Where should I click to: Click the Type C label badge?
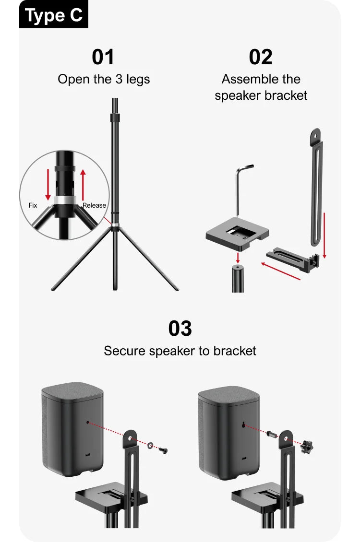pyautogui.click(x=54, y=14)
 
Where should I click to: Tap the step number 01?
pyautogui.click(x=103, y=57)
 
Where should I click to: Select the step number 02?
pyautogui.click(x=261, y=57)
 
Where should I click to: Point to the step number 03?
pyautogui.click(x=180, y=329)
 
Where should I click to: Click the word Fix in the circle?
pyautogui.click(x=33, y=205)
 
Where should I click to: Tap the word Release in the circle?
pyautogui.click(x=94, y=205)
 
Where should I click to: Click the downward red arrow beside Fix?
pyautogui.click(x=48, y=185)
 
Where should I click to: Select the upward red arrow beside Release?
pyautogui.click(x=83, y=185)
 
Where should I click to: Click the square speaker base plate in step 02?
pyautogui.click(x=237, y=235)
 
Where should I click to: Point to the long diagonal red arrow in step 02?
pyautogui.click(x=280, y=271)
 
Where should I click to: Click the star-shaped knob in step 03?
pyautogui.click(x=306, y=447)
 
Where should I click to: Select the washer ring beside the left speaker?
pyautogui.click(x=150, y=445)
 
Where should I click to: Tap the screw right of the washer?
pyautogui.click(x=163, y=450)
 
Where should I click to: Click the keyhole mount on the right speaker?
pyautogui.click(x=244, y=425)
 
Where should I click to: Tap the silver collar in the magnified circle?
pyautogui.click(x=65, y=200)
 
